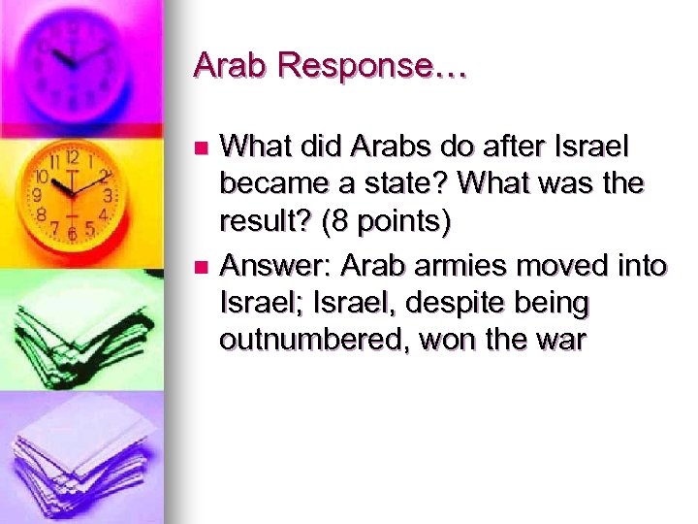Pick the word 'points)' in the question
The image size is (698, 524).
pos(401,223)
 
